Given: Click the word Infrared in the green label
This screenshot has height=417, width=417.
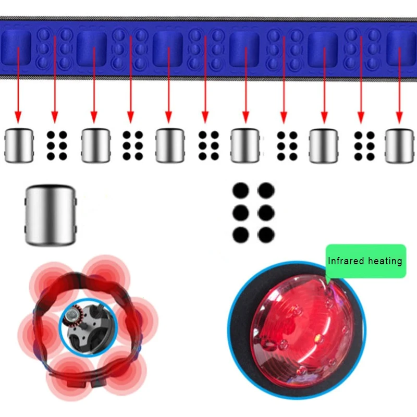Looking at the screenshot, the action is [346, 261].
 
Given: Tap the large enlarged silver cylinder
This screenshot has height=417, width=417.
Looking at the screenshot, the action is [51, 215].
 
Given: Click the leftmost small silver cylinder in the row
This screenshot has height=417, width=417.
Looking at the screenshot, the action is [19, 145].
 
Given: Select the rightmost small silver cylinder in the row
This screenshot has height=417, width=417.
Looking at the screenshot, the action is [400, 146].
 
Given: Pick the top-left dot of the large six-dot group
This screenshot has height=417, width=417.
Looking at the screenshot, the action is [241, 191].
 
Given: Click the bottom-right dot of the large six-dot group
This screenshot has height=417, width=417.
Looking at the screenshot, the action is [266, 235].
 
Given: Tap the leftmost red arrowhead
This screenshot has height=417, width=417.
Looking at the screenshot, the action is [18, 117].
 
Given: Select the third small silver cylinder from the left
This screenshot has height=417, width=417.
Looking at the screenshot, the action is [170, 145].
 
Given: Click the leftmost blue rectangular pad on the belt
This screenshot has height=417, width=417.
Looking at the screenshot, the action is [16, 48].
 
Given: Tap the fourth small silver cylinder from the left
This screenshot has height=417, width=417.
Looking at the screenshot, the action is [245, 145].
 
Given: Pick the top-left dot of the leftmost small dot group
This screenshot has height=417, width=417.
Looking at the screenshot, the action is [51, 135].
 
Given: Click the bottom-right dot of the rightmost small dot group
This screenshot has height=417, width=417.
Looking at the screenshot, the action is [370, 157].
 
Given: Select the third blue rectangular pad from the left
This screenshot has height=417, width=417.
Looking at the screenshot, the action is [168, 48].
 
